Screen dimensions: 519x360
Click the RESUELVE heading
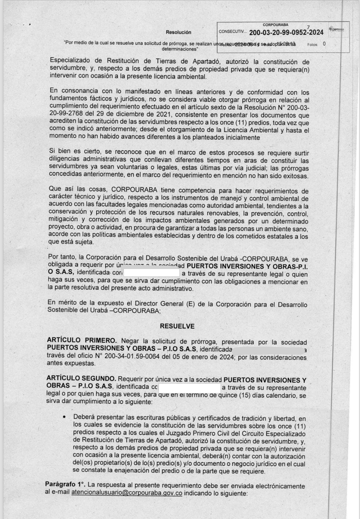click(x=177, y=326)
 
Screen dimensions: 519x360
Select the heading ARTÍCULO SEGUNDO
click(x=81, y=379)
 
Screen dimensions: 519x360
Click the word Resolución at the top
click(x=178, y=32)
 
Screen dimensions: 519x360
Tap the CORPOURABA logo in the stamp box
click(x=336, y=29)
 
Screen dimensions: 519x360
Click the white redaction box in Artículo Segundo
click(x=189, y=388)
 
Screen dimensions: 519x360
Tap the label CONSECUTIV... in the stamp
click(x=233, y=32)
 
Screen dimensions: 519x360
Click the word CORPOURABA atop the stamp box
click(x=275, y=25)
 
